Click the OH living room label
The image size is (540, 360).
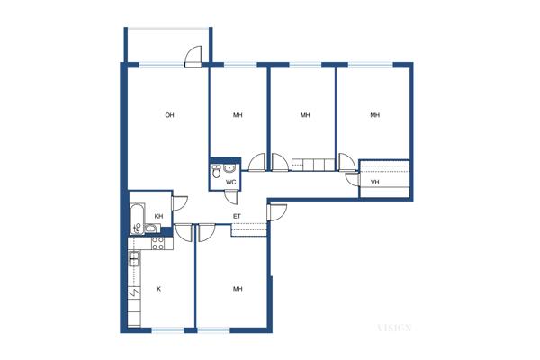(169, 115)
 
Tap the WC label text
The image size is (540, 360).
(230, 182)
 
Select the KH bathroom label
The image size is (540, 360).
(158, 216)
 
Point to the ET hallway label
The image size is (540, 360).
(237, 216)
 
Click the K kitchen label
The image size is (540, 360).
(158, 289)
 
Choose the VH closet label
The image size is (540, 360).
(375, 182)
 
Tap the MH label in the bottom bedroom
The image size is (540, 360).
(238, 289)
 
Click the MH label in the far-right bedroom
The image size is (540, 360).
(375, 115)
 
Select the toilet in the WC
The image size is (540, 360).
(216, 171)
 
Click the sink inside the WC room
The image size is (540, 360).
(229, 168)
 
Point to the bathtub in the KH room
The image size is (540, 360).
(137, 219)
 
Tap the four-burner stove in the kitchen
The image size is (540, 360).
(158, 244)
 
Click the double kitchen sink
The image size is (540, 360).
(134, 259)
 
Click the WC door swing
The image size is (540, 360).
(231, 198)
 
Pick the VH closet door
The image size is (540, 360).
(353, 179)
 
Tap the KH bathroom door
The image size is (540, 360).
(180, 203)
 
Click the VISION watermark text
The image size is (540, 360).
(394, 328)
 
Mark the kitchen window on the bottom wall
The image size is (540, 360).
(167, 330)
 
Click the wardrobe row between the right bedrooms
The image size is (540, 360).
(313, 165)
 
